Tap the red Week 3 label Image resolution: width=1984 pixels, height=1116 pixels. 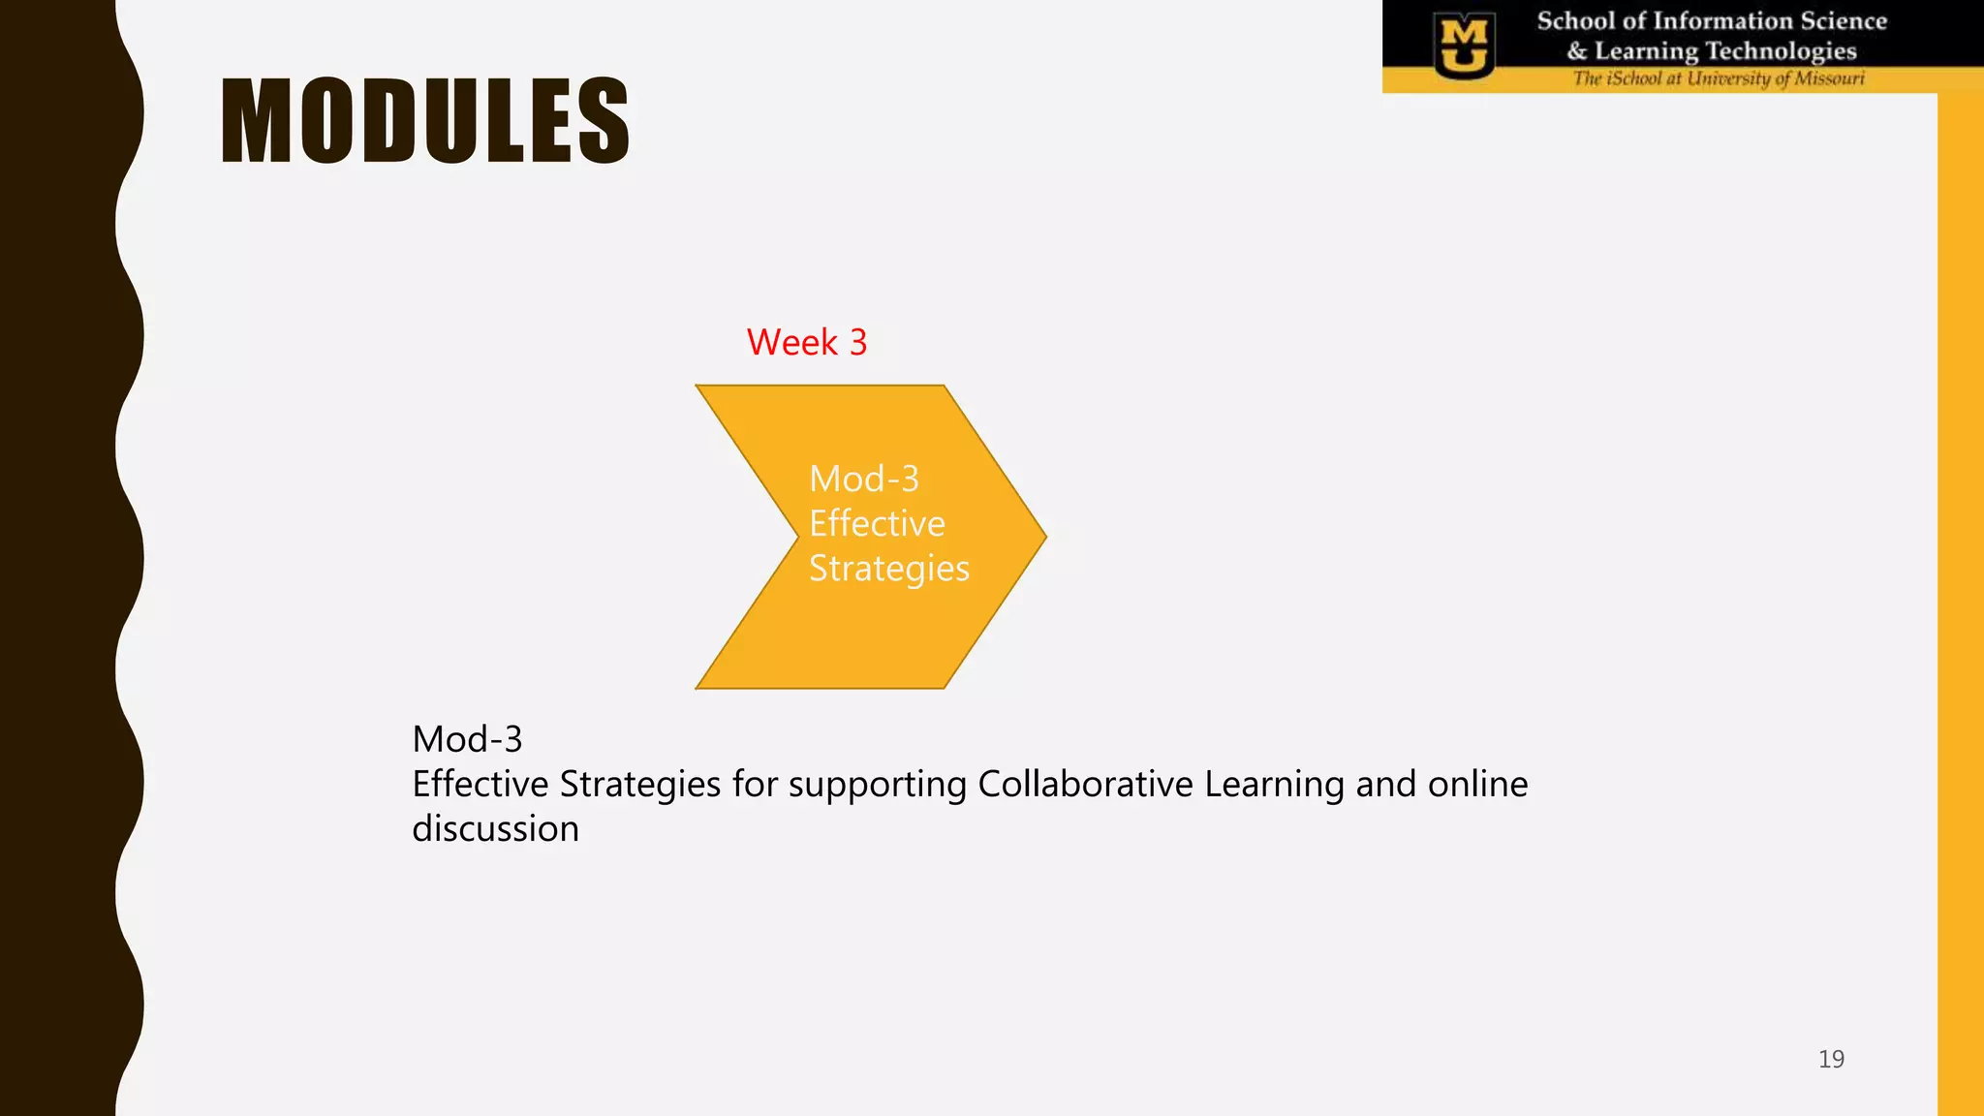click(806, 342)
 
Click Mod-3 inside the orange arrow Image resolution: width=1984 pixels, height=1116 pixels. click(863, 479)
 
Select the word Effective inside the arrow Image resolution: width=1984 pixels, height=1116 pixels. click(877, 523)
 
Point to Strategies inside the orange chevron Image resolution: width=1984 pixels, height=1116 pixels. click(888, 569)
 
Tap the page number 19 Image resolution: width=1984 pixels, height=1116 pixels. click(1831, 1059)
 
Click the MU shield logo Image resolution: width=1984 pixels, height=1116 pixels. click(1464, 46)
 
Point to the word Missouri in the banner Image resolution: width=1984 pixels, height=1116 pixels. click(1829, 78)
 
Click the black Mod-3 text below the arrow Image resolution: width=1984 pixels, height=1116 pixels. click(467, 739)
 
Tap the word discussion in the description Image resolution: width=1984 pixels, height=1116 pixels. click(495, 829)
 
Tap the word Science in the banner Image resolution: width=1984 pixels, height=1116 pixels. click(1844, 20)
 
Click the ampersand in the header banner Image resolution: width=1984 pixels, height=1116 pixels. click(1577, 51)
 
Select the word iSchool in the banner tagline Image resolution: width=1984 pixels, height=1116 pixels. click(1633, 78)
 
